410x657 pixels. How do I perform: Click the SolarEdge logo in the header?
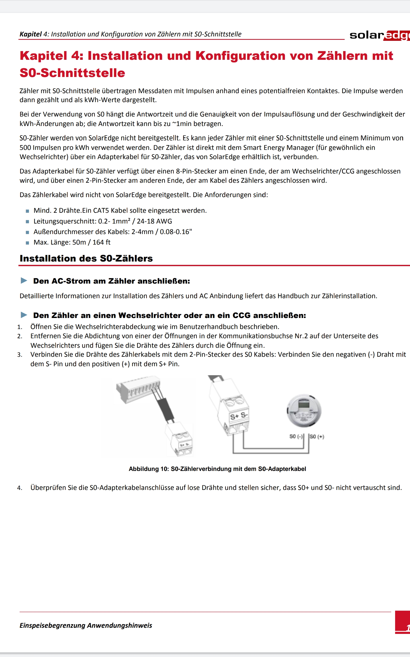click(x=380, y=35)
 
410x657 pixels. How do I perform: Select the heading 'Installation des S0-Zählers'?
click(x=86, y=258)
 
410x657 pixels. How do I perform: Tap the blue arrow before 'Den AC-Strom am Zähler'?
click(x=24, y=281)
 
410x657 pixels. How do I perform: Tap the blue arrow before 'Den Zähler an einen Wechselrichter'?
click(x=24, y=315)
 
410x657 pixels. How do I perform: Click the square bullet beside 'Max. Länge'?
click(x=27, y=243)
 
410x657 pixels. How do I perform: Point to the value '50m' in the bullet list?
click(x=79, y=242)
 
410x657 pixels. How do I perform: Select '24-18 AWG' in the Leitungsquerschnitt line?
click(x=154, y=221)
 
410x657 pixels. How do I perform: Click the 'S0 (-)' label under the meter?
click(x=295, y=437)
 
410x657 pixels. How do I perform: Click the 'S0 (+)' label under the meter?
click(x=317, y=437)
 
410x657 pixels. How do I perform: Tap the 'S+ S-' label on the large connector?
click(x=239, y=416)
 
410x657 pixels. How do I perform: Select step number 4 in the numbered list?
click(x=19, y=488)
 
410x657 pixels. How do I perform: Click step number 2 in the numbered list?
click(x=19, y=336)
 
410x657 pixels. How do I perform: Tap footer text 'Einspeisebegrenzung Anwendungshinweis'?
click(x=86, y=625)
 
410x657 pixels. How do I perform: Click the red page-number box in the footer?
click(x=403, y=622)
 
